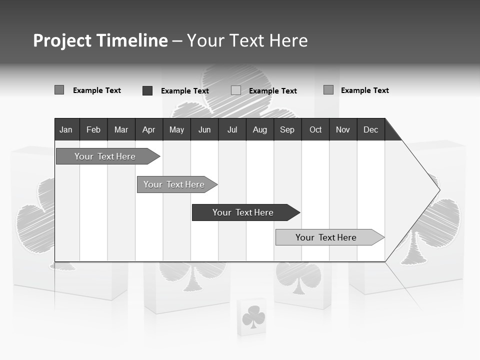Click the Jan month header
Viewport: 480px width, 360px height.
point(66,129)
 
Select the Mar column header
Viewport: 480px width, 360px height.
point(121,129)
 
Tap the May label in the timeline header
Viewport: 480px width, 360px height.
point(176,129)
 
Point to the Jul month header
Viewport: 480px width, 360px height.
point(232,129)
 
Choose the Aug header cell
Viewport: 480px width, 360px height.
point(259,129)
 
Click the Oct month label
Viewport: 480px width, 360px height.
point(315,129)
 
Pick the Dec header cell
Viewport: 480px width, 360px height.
point(370,129)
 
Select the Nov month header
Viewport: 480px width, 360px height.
point(343,129)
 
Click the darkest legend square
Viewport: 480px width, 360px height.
point(147,90)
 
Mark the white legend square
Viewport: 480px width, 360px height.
point(236,90)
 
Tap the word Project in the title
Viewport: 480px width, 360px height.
point(62,40)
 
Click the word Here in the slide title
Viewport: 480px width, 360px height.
point(288,40)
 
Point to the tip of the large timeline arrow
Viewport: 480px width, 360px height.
point(439,189)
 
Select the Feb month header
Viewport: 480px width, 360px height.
point(93,129)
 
